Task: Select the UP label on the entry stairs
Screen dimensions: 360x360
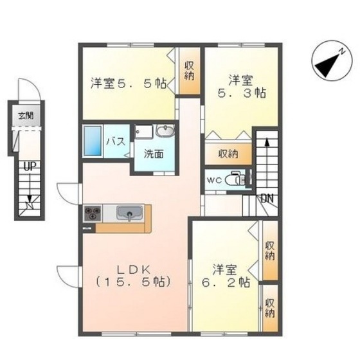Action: pos(28,166)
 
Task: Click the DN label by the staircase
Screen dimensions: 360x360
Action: pos(267,197)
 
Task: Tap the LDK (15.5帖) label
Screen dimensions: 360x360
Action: pos(133,276)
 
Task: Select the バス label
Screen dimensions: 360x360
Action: pos(115,141)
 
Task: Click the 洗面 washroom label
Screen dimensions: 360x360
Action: pos(153,154)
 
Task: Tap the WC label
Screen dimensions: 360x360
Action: pos(214,179)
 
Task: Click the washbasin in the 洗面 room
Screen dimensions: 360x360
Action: pos(165,131)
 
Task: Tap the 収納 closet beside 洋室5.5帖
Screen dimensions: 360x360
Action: pos(190,71)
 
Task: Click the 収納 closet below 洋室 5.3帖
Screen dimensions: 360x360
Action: pos(228,154)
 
